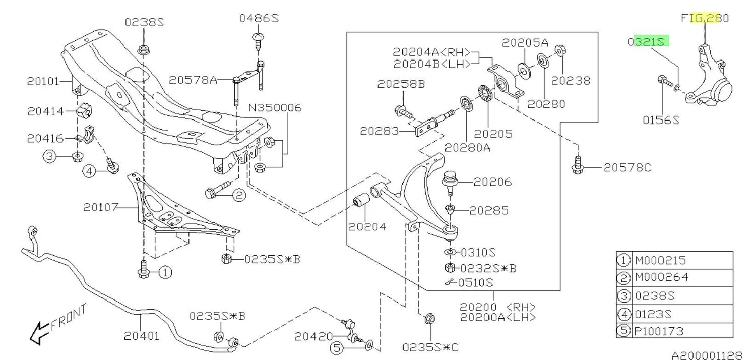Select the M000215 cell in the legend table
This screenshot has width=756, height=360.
coord(654,261)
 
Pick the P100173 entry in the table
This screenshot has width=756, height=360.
coord(654,331)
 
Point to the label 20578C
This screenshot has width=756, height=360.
coord(627,167)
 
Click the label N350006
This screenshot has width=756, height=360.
coord(273,108)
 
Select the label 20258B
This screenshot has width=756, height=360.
coord(401,84)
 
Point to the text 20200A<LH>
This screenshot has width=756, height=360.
coord(498,317)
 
